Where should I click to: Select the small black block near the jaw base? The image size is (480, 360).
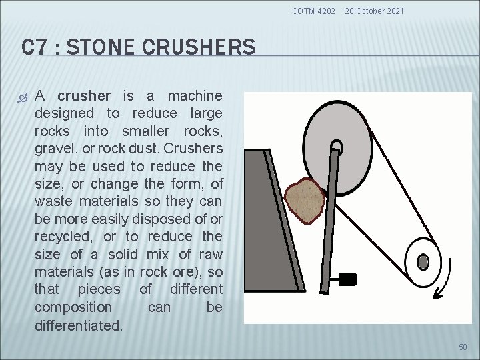[x=348, y=278]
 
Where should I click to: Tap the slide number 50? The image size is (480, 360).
[x=463, y=347]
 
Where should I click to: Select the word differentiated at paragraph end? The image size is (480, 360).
[x=79, y=326]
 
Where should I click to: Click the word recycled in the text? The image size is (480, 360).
[x=64, y=237]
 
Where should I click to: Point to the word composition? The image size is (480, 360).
[x=73, y=307]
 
